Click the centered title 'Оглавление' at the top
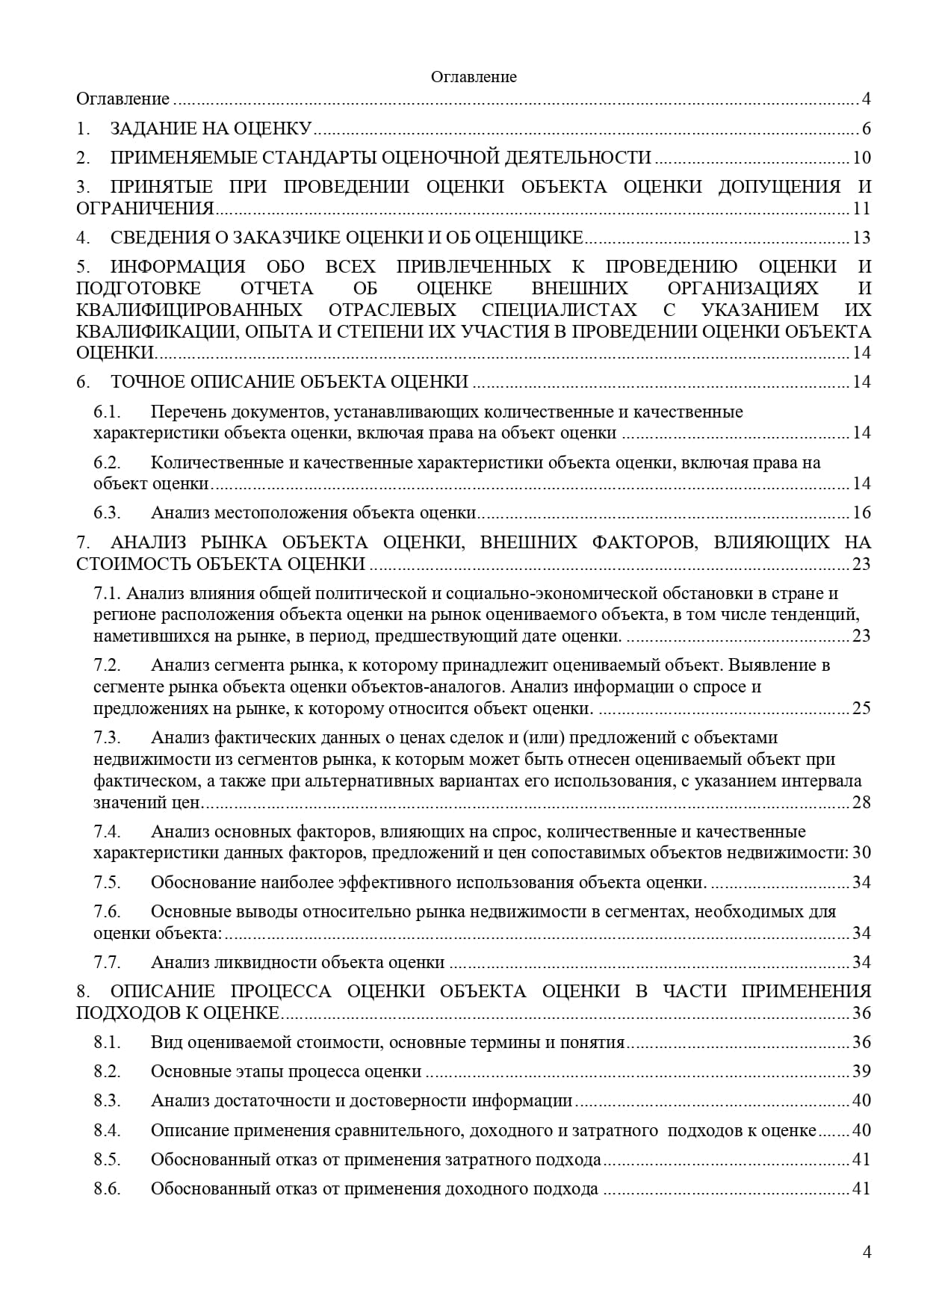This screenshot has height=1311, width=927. [x=474, y=77]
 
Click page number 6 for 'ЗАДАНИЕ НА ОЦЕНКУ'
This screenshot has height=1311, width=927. [x=866, y=128]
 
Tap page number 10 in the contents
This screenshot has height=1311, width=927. [x=861, y=158]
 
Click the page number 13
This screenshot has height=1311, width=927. [x=861, y=238]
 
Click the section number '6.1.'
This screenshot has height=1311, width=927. [x=108, y=412]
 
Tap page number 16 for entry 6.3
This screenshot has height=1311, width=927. [x=861, y=512]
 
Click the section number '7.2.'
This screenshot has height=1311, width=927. [x=108, y=665]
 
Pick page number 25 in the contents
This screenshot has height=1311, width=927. [x=861, y=708]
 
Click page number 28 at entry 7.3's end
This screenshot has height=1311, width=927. [x=861, y=802]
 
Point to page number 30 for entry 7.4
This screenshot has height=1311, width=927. [x=861, y=853]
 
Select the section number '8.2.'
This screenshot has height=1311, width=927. [x=108, y=1071]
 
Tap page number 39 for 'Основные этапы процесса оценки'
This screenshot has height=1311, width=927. [x=861, y=1071]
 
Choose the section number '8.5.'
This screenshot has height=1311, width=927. [x=108, y=1159]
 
